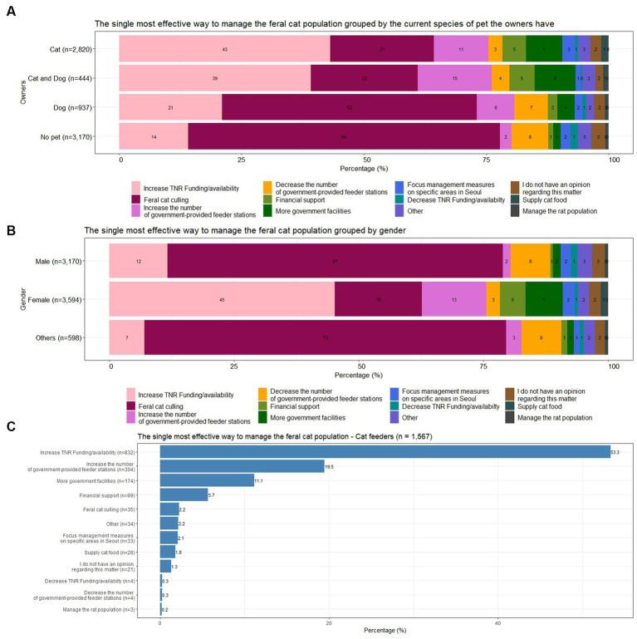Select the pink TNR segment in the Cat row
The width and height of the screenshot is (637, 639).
point(224,49)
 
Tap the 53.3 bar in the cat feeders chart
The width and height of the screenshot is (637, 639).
point(385,452)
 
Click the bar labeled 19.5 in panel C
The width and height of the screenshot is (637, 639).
point(242,466)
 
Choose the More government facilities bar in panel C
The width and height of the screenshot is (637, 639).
point(207,480)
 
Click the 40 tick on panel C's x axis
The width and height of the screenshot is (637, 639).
point(497,621)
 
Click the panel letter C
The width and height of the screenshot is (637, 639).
point(10,427)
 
